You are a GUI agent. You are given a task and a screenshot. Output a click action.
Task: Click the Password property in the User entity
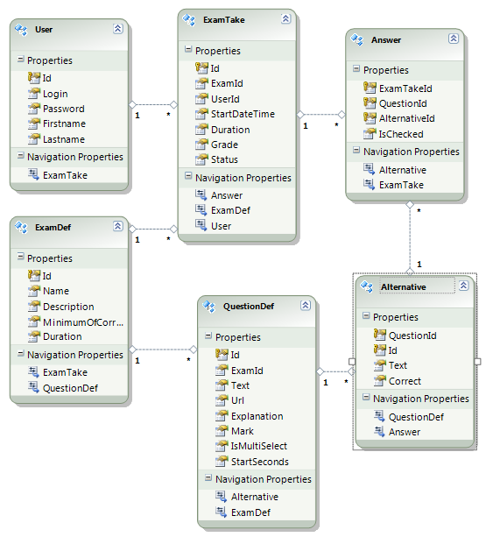[x=63, y=109]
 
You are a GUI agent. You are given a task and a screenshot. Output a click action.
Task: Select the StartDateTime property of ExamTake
[x=243, y=114]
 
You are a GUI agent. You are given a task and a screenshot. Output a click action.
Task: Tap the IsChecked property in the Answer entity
[x=401, y=134]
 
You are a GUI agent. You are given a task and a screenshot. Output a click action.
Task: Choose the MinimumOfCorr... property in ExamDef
[x=83, y=322]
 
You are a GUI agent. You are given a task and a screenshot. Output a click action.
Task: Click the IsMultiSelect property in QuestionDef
[x=259, y=446]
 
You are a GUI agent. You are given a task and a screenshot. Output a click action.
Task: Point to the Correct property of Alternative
[x=405, y=381]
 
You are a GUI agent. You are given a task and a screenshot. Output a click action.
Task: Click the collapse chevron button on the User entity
[x=118, y=28]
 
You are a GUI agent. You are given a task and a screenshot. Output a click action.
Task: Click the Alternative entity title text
[x=404, y=287]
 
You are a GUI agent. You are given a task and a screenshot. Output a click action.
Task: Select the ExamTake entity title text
[x=224, y=20]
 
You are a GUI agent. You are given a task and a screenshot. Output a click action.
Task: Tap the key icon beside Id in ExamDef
[x=33, y=276]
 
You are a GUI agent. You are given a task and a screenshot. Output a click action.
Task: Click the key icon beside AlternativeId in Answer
[x=370, y=118]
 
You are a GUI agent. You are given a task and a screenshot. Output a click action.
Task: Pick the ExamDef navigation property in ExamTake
[x=230, y=210]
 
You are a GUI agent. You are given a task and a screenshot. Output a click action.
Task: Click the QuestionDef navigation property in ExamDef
[x=70, y=388]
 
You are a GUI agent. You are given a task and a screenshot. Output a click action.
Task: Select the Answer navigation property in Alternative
[x=405, y=432]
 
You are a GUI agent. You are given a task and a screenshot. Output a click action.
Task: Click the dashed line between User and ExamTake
[x=153, y=104]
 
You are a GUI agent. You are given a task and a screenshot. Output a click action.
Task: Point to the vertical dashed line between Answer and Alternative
[x=410, y=238]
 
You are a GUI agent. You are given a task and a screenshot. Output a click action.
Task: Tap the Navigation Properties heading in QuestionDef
[x=264, y=479]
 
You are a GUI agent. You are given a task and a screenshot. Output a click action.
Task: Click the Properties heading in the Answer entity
[x=386, y=70]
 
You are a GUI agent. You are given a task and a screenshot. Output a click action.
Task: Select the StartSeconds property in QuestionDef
[x=260, y=462]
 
